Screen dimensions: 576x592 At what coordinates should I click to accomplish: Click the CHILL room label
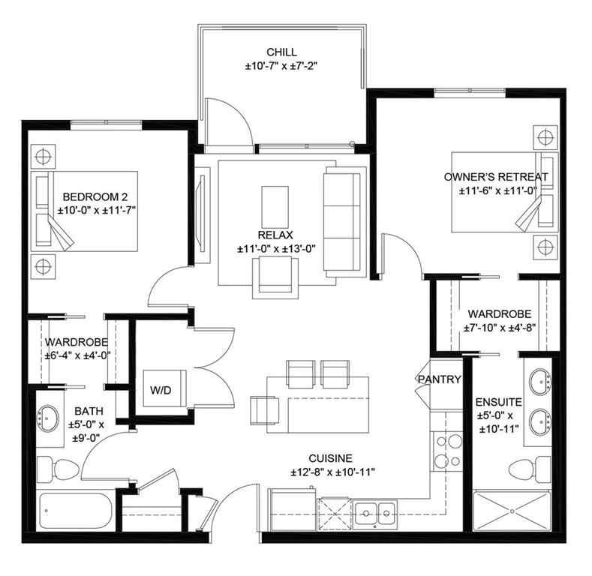tap(281, 52)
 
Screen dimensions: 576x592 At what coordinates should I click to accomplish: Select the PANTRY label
tap(439, 379)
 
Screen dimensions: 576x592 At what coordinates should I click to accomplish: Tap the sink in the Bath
tap(50, 416)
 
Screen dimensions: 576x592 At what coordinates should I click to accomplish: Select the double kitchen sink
tap(376, 514)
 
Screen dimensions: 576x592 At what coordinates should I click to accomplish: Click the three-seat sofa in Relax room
tap(341, 220)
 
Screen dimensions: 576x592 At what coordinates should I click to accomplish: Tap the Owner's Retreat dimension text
tap(495, 191)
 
